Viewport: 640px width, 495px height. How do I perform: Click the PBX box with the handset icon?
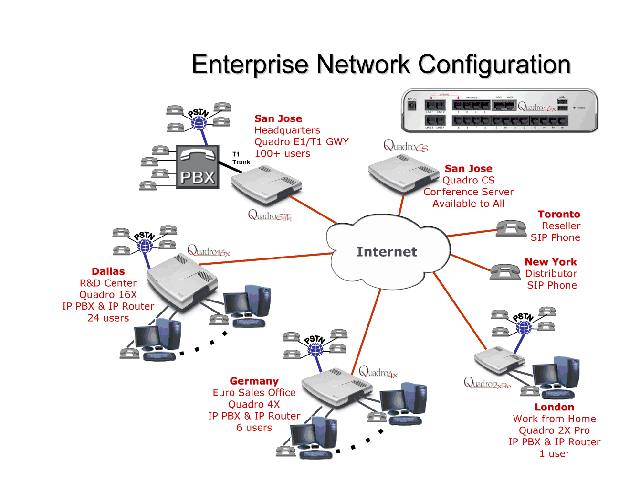click(x=198, y=167)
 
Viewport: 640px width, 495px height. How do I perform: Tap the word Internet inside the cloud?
click(x=387, y=252)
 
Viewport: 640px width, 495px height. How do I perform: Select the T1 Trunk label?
click(x=241, y=158)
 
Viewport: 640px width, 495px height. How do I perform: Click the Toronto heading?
click(x=559, y=215)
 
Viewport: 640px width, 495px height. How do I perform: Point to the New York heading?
click(x=551, y=262)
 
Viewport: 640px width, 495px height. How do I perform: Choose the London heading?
click(x=554, y=407)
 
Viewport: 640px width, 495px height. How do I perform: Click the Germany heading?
click(x=254, y=381)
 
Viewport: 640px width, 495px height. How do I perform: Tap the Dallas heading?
click(x=108, y=271)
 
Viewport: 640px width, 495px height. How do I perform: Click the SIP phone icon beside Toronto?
click(x=511, y=228)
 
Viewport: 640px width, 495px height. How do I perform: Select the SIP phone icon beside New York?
click(x=505, y=272)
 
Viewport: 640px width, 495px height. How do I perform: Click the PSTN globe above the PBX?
click(x=199, y=122)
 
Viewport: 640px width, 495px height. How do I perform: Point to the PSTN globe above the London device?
click(x=524, y=327)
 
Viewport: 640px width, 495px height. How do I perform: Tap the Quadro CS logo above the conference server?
click(x=406, y=146)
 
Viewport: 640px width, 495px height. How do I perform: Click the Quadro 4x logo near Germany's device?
click(x=378, y=372)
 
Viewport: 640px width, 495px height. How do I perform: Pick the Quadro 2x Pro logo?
click(x=487, y=383)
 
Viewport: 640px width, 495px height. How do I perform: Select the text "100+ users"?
click(x=282, y=154)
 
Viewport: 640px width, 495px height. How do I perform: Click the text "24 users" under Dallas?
click(x=108, y=318)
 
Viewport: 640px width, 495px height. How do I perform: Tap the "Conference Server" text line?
click(x=469, y=192)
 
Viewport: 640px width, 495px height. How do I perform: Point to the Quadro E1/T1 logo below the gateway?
click(x=270, y=216)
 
